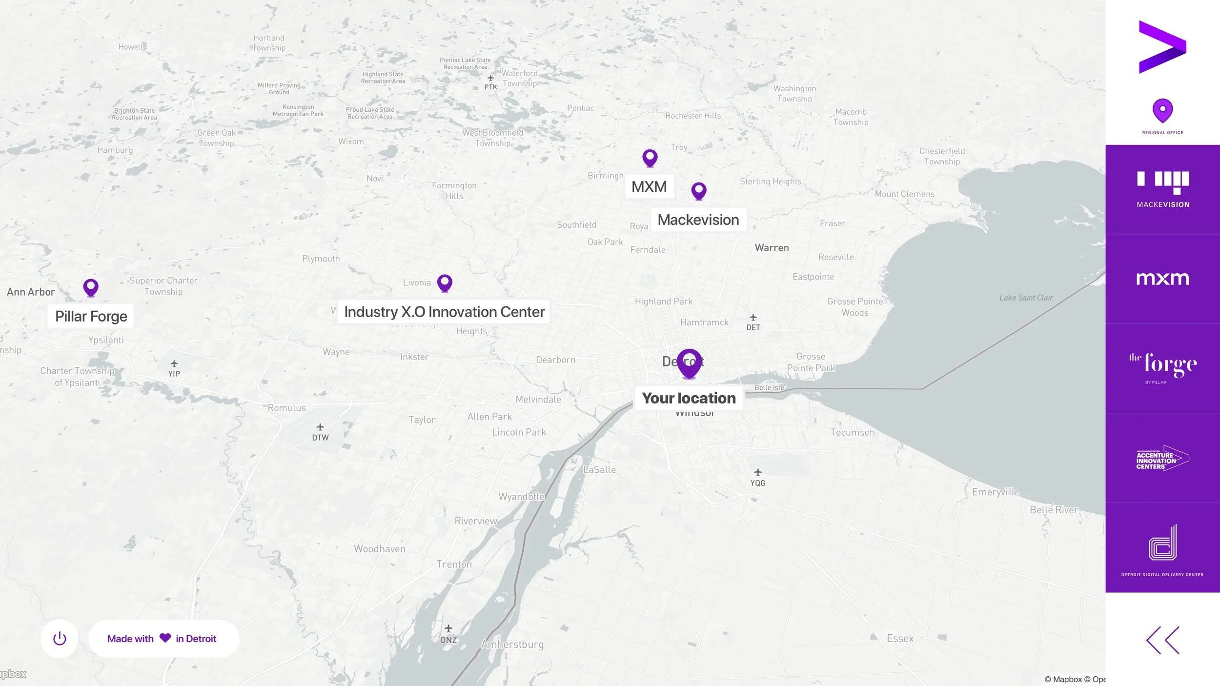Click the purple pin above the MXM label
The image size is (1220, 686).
650,158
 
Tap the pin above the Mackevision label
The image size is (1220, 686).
699,190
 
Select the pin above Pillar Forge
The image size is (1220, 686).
91,287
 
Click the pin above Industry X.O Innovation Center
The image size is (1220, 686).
445,282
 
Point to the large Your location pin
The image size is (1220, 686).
689,363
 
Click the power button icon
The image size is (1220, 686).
60,638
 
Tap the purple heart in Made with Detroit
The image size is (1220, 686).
165,638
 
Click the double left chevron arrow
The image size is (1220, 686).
1162,640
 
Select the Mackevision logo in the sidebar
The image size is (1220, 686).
1162,189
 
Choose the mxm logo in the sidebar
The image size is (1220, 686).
1162,279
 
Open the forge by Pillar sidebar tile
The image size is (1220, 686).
1162,368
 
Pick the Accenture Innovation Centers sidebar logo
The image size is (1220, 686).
1162,458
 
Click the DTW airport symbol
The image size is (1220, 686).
320,427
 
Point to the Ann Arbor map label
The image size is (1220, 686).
31,292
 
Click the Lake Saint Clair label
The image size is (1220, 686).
1026,298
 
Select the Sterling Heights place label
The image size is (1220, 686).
771,182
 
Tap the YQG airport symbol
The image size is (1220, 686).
757,473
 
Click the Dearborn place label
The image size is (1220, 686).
555,360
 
